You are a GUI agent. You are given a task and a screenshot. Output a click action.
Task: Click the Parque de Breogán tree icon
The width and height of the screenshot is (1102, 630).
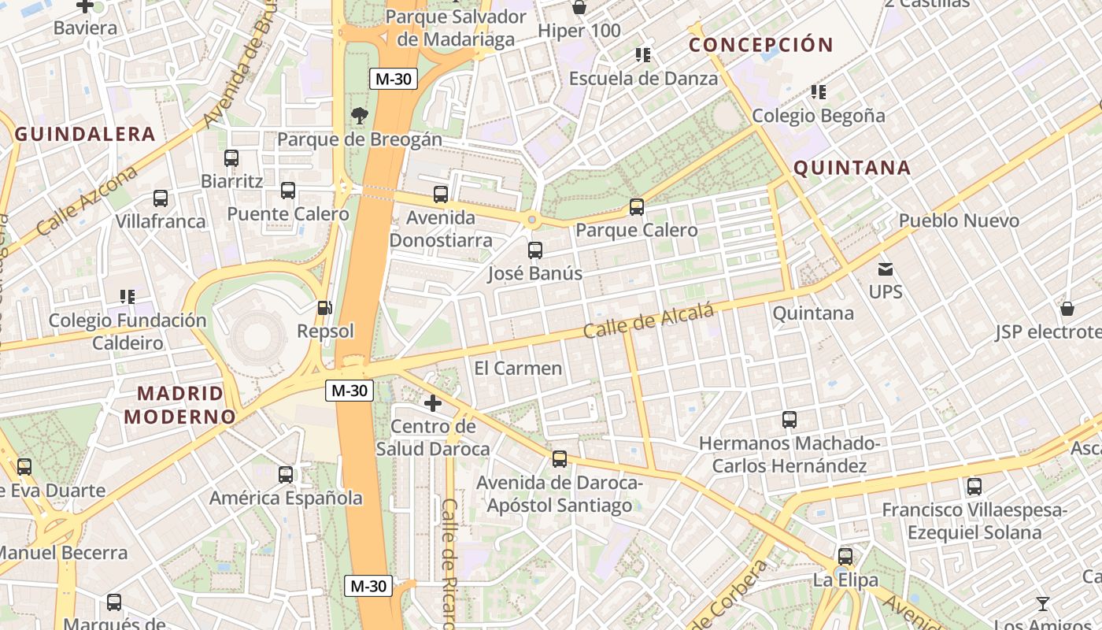coord(359,117)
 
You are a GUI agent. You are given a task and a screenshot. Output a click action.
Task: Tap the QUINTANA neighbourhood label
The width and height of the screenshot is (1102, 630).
coord(852,168)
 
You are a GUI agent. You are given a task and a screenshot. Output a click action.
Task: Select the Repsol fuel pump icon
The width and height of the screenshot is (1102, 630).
coord(324,308)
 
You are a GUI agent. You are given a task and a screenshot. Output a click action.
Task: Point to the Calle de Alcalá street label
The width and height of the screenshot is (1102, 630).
coord(649,321)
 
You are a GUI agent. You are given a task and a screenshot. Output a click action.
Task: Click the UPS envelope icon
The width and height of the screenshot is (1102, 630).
coord(886,269)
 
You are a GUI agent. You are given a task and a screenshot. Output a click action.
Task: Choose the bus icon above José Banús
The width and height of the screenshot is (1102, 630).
coord(535,250)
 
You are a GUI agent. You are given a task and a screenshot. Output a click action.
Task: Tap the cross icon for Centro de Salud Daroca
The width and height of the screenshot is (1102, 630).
coord(432,404)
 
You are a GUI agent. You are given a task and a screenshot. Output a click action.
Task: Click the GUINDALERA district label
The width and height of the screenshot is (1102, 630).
coord(85,134)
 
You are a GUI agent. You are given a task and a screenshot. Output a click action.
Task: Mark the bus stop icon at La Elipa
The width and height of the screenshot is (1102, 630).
coord(845,557)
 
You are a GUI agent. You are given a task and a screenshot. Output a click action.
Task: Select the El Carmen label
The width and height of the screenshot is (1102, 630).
coord(518,368)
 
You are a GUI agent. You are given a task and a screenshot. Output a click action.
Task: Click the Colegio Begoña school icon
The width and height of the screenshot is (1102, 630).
coord(819,92)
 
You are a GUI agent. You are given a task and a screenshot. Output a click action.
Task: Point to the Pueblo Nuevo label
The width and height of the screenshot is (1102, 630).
coord(959,220)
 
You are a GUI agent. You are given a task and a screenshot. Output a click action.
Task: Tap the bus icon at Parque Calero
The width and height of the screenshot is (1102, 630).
coord(636,207)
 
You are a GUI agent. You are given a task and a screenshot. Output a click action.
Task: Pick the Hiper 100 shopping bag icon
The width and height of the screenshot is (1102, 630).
coord(579,8)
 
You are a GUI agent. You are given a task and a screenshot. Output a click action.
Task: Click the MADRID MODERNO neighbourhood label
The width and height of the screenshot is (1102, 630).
coord(180,405)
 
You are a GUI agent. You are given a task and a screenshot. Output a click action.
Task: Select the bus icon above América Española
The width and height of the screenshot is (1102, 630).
coord(286,475)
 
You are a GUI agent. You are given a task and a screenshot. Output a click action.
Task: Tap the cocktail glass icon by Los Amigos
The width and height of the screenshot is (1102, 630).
coord(1043,604)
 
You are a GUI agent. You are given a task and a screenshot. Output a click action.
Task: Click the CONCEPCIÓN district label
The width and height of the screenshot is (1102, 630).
coord(760,45)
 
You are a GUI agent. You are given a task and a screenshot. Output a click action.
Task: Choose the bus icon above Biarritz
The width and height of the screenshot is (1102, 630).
coord(231,157)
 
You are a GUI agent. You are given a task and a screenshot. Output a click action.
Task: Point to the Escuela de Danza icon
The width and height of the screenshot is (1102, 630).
coord(643,55)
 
